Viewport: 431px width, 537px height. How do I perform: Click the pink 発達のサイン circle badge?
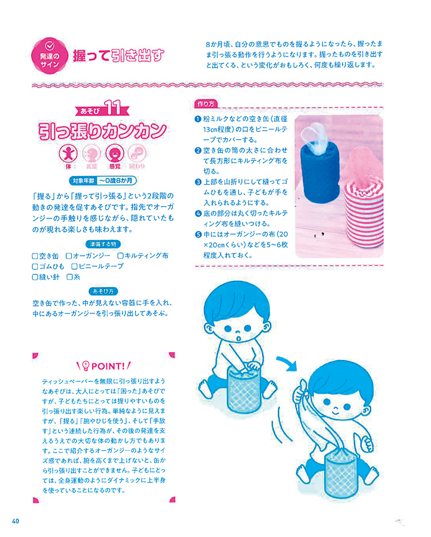49,55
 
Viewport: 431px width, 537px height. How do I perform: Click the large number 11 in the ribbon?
112,108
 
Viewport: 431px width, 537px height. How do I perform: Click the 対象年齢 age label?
83,181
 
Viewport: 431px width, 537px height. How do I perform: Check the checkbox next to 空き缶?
35,256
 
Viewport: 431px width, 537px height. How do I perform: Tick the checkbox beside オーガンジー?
69,256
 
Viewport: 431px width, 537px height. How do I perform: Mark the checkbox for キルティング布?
121,256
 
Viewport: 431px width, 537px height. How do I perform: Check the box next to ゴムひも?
35,266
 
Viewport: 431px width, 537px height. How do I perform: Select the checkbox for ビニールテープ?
74,266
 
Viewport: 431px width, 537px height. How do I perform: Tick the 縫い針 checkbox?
35,277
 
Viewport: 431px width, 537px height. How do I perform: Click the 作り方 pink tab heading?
206,103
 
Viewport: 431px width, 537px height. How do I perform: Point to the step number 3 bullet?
198,182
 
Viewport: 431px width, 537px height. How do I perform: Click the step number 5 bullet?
198,235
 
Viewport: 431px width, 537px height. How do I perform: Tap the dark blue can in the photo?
320,172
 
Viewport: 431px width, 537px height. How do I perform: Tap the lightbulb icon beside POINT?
86,366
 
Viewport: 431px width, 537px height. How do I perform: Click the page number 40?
16,521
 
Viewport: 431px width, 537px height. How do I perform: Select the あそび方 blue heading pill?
103,291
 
